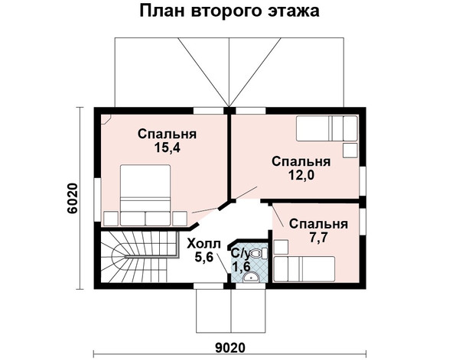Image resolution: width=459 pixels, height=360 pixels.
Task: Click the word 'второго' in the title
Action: tap(228, 11)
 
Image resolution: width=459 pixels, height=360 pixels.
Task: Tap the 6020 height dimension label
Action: tap(73, 198)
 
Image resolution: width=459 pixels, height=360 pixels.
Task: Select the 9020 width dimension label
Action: tap(230, 348)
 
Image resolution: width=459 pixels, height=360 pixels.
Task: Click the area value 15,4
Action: tap(168, 148)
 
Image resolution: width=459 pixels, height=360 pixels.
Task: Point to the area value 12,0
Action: tap(301, 175)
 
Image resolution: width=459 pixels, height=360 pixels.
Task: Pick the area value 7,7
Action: tap(318, 238)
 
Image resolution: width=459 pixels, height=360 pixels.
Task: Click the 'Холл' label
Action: tap(204, 243)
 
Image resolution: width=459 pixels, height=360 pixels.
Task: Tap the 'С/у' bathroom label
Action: tap(241, 254)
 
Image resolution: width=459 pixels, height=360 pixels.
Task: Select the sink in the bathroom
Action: tap(251, 277)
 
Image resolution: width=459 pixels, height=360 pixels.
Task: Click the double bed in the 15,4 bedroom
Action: tap(145, 195)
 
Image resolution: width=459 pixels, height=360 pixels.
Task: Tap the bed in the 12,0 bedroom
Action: tap(327, 128)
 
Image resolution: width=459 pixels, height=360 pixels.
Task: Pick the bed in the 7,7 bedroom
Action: tap(304, 269)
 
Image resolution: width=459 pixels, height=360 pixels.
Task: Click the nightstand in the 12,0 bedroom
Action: tap(350, 151)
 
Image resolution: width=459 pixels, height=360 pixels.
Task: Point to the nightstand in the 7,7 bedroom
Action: tap(281, 247)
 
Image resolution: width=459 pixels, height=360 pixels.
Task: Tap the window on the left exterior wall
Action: tap(97, 199)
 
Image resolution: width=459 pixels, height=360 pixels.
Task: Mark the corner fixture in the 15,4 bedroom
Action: tap(106, 119)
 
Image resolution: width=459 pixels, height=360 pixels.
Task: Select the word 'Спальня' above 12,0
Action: tap(301, 162)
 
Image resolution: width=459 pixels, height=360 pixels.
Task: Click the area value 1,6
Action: tap(241, 267)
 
